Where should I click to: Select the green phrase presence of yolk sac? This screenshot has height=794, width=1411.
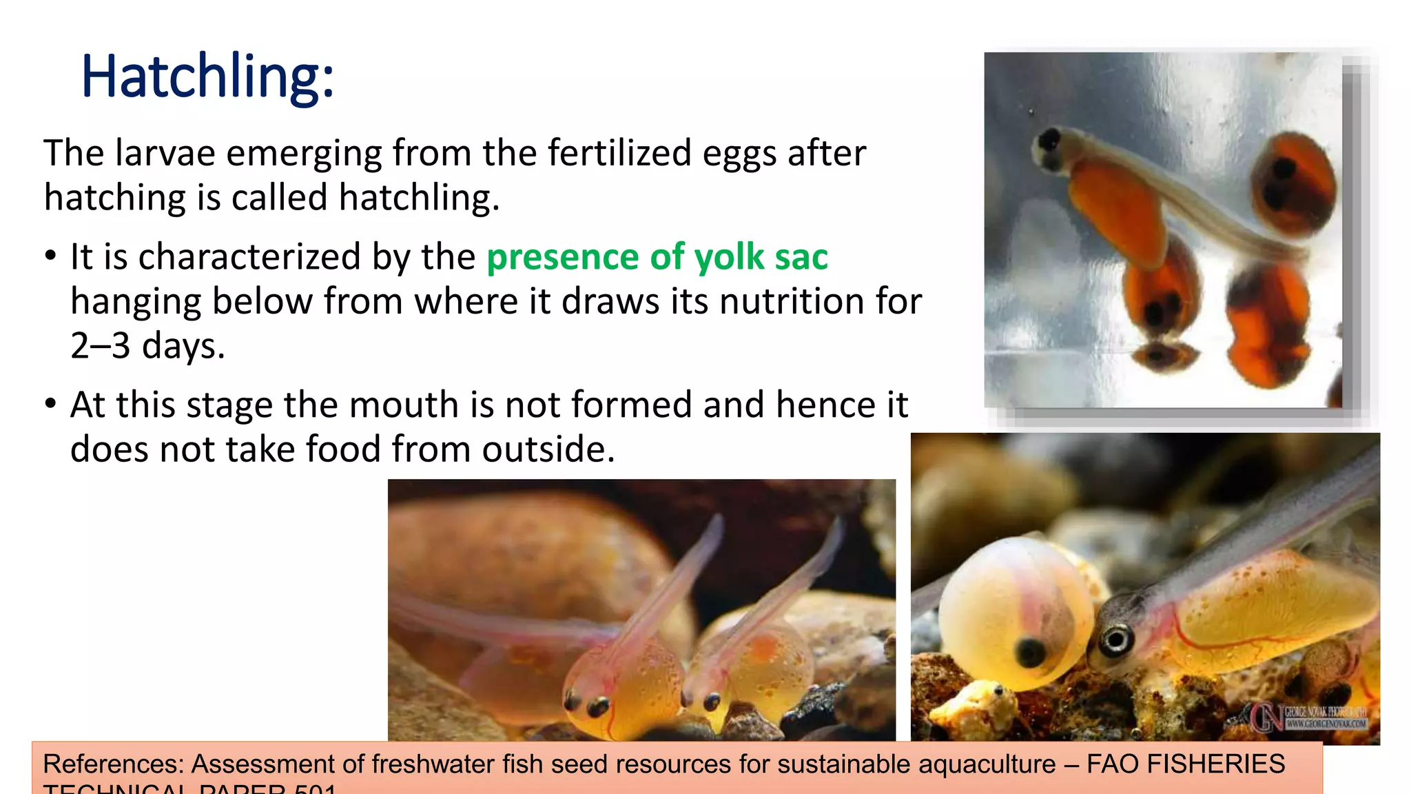point(657,257)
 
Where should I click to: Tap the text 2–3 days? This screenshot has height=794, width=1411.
point(147,345)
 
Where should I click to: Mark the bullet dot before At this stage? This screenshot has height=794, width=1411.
point(50,404)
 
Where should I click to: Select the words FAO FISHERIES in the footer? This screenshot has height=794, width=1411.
point(1186,764)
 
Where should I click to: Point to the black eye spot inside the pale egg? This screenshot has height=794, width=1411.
point(1031,650)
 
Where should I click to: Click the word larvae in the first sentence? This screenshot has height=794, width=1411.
point(165,153)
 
